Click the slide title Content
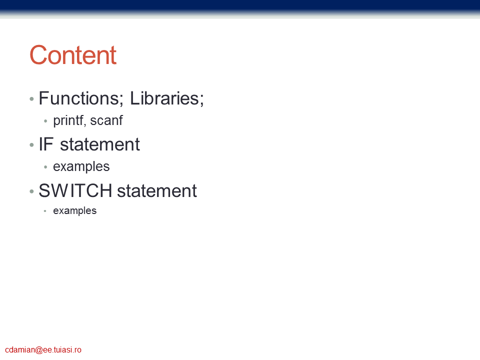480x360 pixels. (x=73, y=55)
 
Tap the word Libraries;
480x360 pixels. (x=167, y=98)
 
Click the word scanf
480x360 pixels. (x=106, y=120)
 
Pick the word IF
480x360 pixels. (x=46, y=144)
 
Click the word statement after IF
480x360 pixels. (x=100, y=144)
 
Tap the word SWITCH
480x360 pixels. (x=75, y=190)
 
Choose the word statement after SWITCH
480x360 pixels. (x=157, y=190)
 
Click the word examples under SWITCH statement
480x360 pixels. (x=74, y=210)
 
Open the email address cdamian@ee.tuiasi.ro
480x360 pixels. (x=43, y=349)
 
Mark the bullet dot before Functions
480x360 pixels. (x=31, y=99)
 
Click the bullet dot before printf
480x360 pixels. (x=45, y=121)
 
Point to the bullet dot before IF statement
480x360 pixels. (x=31, y=145)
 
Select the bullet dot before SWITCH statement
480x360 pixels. (x=31, y=191)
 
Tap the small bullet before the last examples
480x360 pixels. (x=45, y=211)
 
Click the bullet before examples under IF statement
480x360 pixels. (x=45, y=167)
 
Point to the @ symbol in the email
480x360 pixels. (x=39, y=350)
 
